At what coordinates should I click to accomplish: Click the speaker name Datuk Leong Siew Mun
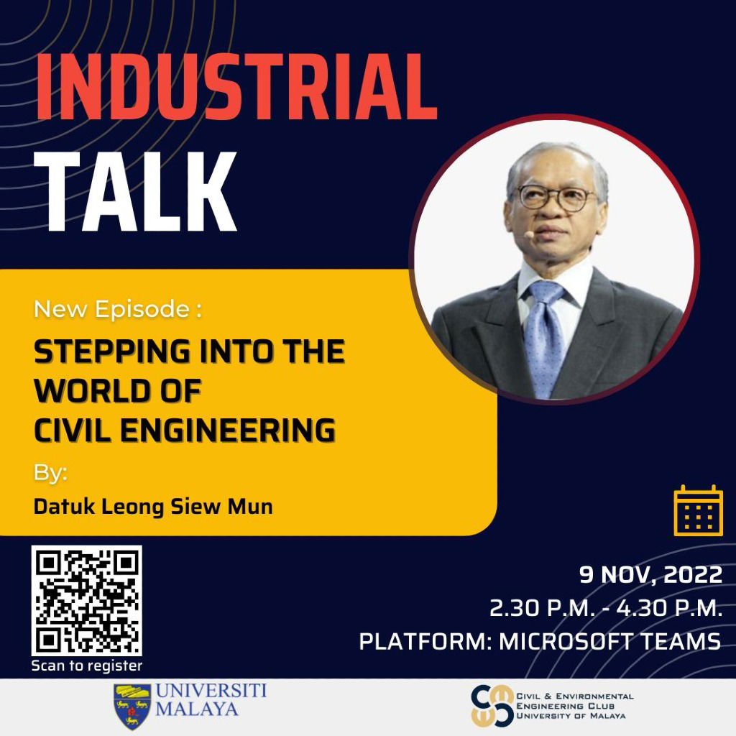(x=153, y=506)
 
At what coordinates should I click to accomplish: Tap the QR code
(x=86, y=601)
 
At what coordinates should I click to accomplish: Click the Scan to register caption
(x=86, y=666)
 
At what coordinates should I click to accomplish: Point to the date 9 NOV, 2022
(x=650, y=575)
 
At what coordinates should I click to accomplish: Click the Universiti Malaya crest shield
(x=132, y=706)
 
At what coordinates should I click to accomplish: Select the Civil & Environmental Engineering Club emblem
(x=492, y=706)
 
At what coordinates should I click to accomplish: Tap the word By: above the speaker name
(x=50, y=474)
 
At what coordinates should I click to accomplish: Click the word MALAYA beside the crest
(x=197, y=710)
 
